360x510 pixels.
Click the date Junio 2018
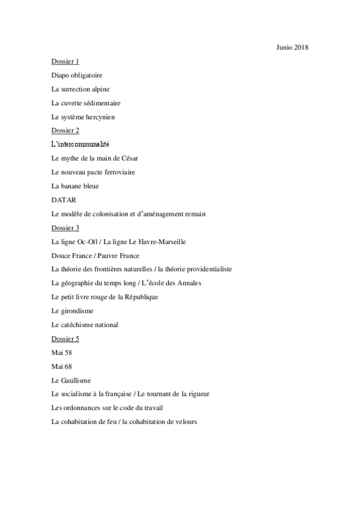pos(293,47)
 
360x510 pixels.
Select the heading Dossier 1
pos(66,61)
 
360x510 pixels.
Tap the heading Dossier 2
pos(66,131)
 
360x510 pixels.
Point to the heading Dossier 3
pos(66,228)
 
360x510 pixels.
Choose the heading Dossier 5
pos(66,339)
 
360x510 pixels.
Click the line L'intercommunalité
pos(80,144)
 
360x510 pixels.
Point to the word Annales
pos(188,283)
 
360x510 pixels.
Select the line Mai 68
pos(60,366)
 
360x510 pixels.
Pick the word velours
pos(183,422)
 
